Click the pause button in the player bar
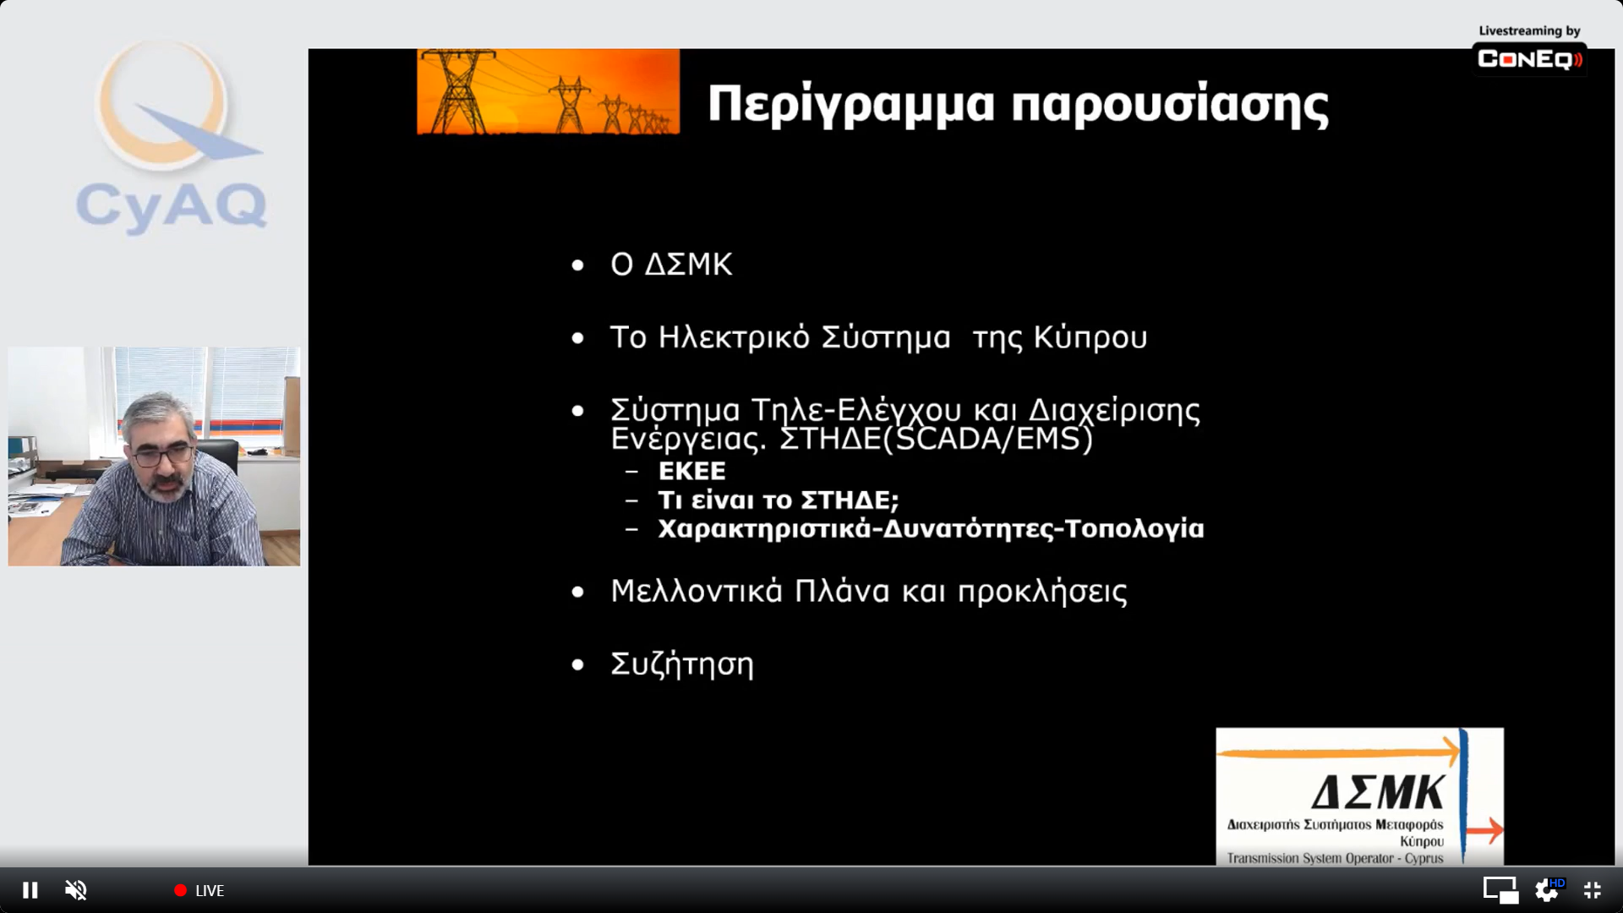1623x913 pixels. (x=30, y=890)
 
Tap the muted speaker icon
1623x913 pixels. (x=76, y=890)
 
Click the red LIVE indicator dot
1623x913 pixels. (x=180, y=890)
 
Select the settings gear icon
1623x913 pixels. (x=1547, y=890)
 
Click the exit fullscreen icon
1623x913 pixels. (x=1593, y=890)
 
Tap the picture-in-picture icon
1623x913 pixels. (x=1500, y=890)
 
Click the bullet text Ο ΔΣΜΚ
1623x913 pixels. (x=671, y=265)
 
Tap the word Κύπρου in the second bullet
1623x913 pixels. (x=1090, y=338)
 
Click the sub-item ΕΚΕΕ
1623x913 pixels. (x=691, y=471)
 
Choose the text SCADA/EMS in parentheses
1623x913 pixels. (x=987, y=439)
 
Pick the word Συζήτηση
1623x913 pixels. (x=682, y=664)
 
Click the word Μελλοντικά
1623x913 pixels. (x=697, y=591)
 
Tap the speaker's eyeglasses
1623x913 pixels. (x=163, y=456)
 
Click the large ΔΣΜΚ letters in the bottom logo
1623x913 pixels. (x=1379, y=793)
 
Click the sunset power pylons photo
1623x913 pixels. (x=548, y=91)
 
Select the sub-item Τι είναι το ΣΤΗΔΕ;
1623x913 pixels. (x=779, y=500)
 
